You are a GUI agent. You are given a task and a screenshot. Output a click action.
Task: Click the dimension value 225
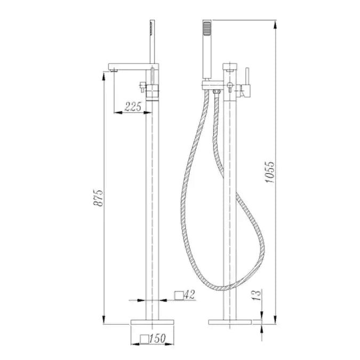pos(133,107)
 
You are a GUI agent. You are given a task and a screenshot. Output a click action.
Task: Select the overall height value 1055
pos(270,172)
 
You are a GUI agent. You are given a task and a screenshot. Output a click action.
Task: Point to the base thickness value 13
pos(257,293)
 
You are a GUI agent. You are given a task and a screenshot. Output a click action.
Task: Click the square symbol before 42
pos(180,294)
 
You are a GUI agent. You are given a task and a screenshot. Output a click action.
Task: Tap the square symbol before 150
pos(144,338)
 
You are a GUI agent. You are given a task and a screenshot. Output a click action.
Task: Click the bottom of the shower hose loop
pos(224,287)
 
